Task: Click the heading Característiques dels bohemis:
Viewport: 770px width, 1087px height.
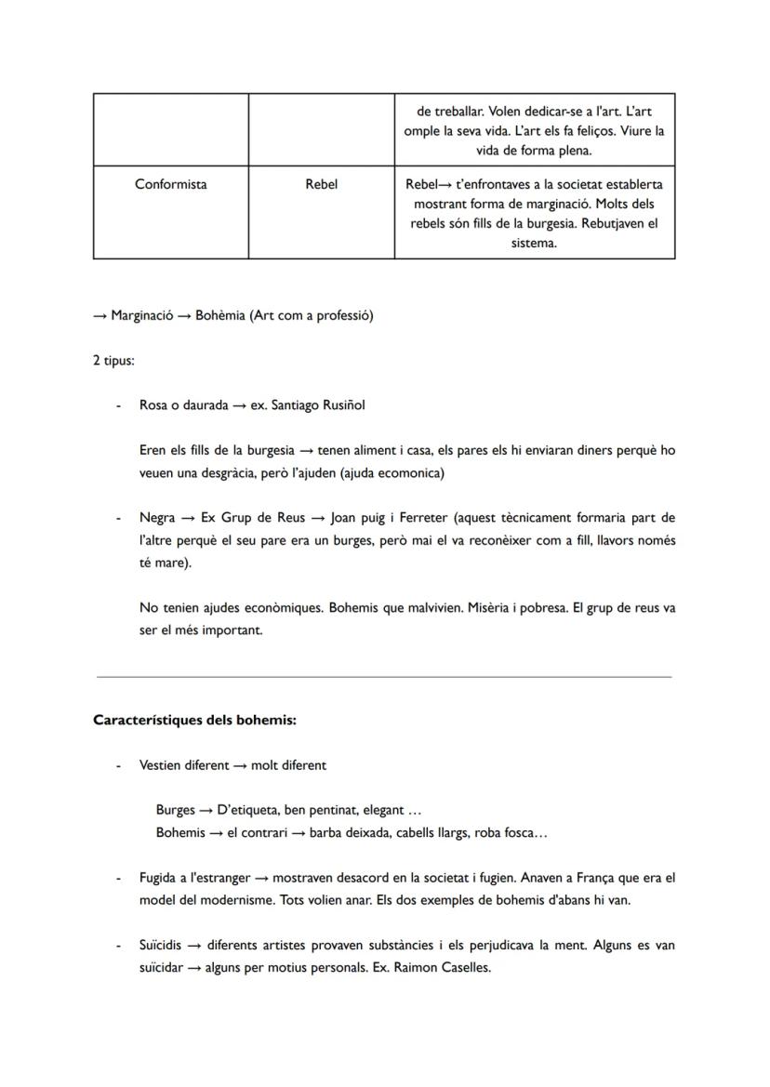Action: click(194, 721)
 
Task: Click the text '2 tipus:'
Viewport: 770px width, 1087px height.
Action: click(113, 361)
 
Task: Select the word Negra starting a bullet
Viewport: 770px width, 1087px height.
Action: click(156, 518)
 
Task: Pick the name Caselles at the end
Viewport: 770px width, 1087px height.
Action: click(463, 967)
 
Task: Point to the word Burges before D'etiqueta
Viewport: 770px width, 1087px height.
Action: click(176, 811)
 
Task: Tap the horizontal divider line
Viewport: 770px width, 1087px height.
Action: click(384, 677)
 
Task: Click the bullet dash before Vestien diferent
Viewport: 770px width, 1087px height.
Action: click(117, 766)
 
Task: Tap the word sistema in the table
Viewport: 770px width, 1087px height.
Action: click(534, 244)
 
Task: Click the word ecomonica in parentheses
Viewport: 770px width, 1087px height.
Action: click(409, 473)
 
